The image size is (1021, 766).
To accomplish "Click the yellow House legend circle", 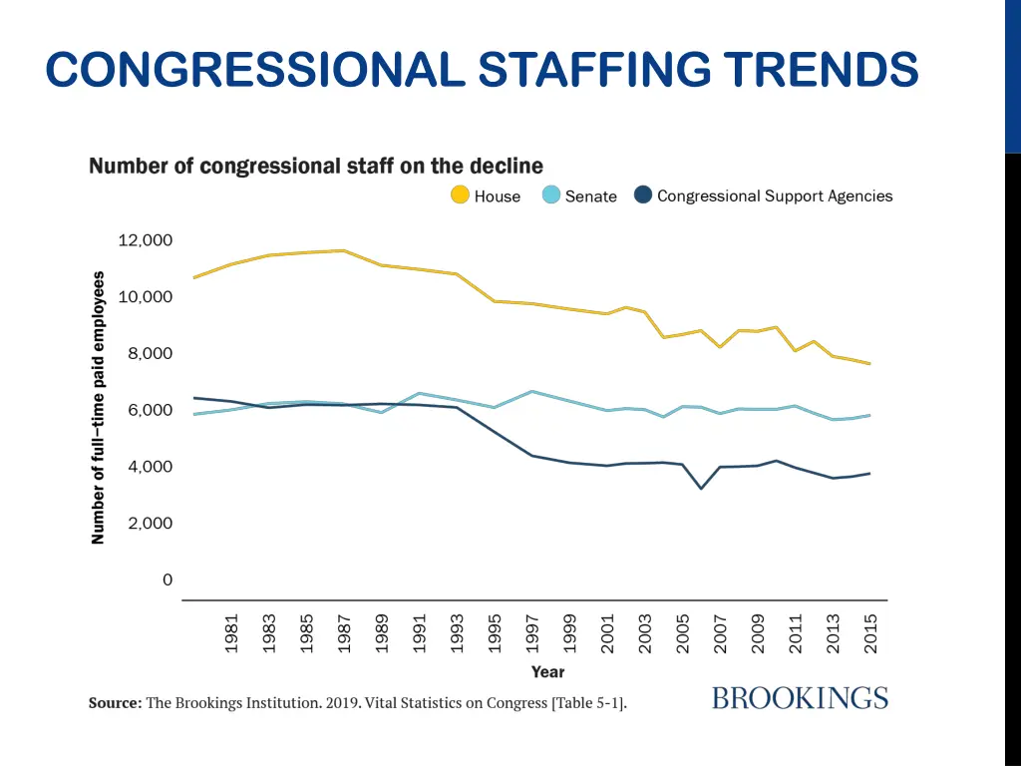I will (x=460, y=195).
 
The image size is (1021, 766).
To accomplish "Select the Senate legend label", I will (x=590, y=196).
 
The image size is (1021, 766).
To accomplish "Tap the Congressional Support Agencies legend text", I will (x=775, y=195).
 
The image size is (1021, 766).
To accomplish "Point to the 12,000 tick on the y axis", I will (x=145, y=240).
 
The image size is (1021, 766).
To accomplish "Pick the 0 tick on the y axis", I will (x=168, y=579).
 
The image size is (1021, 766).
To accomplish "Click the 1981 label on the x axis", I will (x=231, y=632).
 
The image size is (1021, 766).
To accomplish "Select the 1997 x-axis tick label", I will (x=533, y=632).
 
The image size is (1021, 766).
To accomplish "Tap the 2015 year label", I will (x=871, y=632).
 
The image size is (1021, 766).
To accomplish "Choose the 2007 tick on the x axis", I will (x=721, y=632).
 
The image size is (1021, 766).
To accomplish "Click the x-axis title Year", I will (x=547, y=672).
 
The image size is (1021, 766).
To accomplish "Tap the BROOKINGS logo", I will (x=800, y=698).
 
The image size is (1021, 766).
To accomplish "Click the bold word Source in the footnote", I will (x=115, y=703).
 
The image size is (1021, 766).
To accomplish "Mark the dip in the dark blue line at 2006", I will (x=702, y=488).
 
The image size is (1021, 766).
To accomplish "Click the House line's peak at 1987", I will (x=344, y=250).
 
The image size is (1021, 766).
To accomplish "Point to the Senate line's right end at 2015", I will (x=870, y=415).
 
